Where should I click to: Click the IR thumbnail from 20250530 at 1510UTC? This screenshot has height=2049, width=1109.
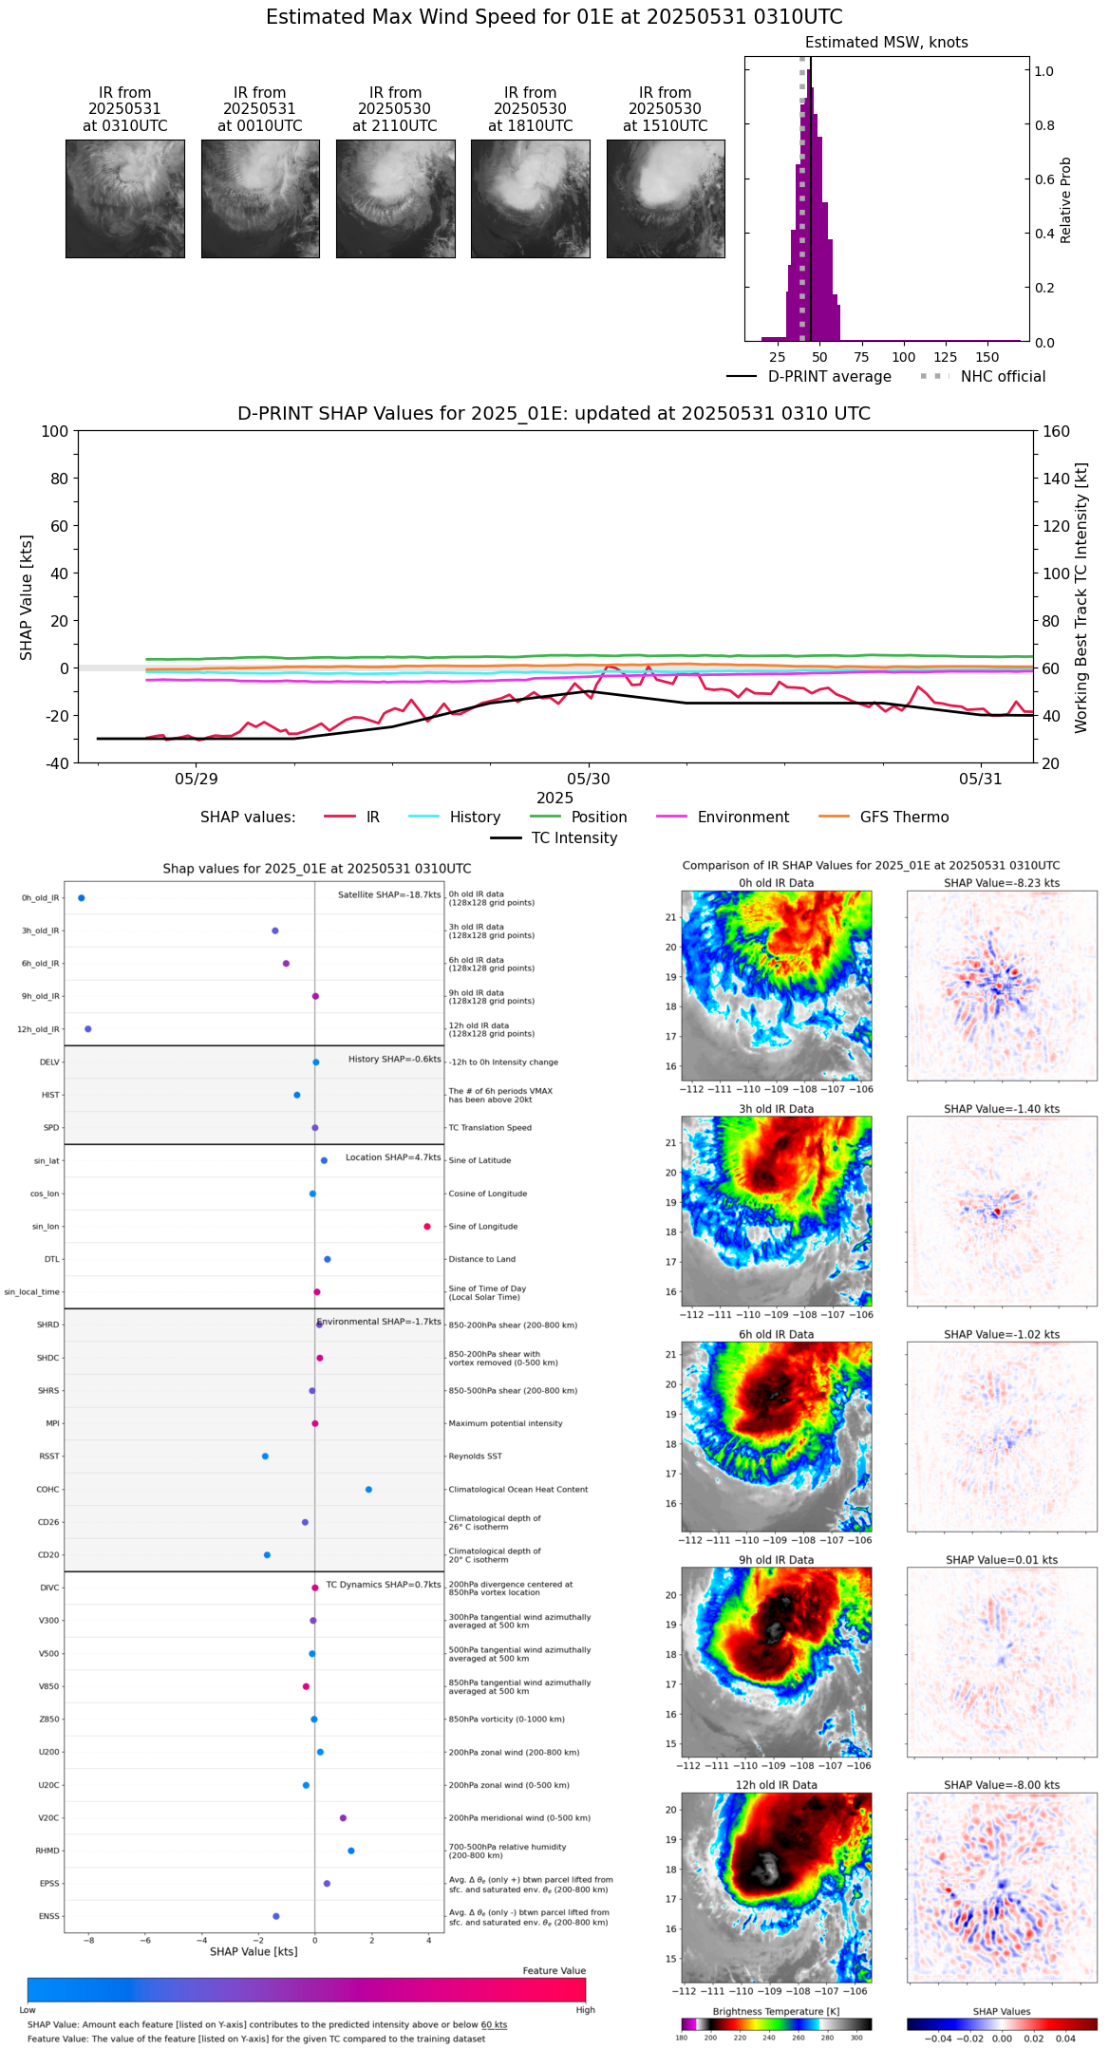point(666,198)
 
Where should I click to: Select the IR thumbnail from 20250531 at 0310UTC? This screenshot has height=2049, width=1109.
point(125,198)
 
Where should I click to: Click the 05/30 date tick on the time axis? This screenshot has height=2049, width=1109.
point(589,779)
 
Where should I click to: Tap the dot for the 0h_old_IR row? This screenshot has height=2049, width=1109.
point(82,897)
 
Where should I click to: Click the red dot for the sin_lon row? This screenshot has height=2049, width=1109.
point(427,1227)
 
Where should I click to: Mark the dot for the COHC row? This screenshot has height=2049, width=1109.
point(368,1489)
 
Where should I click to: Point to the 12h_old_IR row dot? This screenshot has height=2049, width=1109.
point(88,1028)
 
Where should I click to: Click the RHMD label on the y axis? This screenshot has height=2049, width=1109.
point(47,1851)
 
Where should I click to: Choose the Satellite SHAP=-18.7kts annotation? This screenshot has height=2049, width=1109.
point(389,894)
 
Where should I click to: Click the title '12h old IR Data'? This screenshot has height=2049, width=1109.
point(776,1785)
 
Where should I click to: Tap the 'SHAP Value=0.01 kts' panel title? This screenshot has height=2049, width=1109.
point(1002,1560)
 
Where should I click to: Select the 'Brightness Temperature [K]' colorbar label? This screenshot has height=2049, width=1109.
point(776,2011)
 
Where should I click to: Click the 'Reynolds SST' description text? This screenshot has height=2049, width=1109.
point(475,1456)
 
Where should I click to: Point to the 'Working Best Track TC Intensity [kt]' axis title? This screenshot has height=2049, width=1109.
point(1081,598)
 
